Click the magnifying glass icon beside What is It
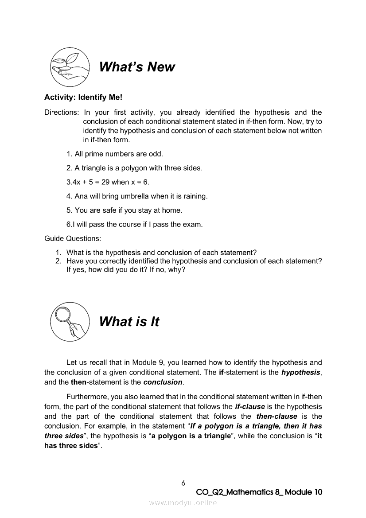click(x=70, y=321)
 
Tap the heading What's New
click(x=137, y=67)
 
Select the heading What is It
click(x=129, y=322)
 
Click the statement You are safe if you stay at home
click(x=124, y=210)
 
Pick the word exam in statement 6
click(x=192, y=224)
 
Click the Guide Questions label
click(x=73, y=238)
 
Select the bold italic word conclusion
click(x=163, y=382)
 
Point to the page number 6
click(x=183, y=483)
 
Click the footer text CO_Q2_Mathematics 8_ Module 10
click(x=259, y=492)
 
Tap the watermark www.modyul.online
click(x=183, y=503)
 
